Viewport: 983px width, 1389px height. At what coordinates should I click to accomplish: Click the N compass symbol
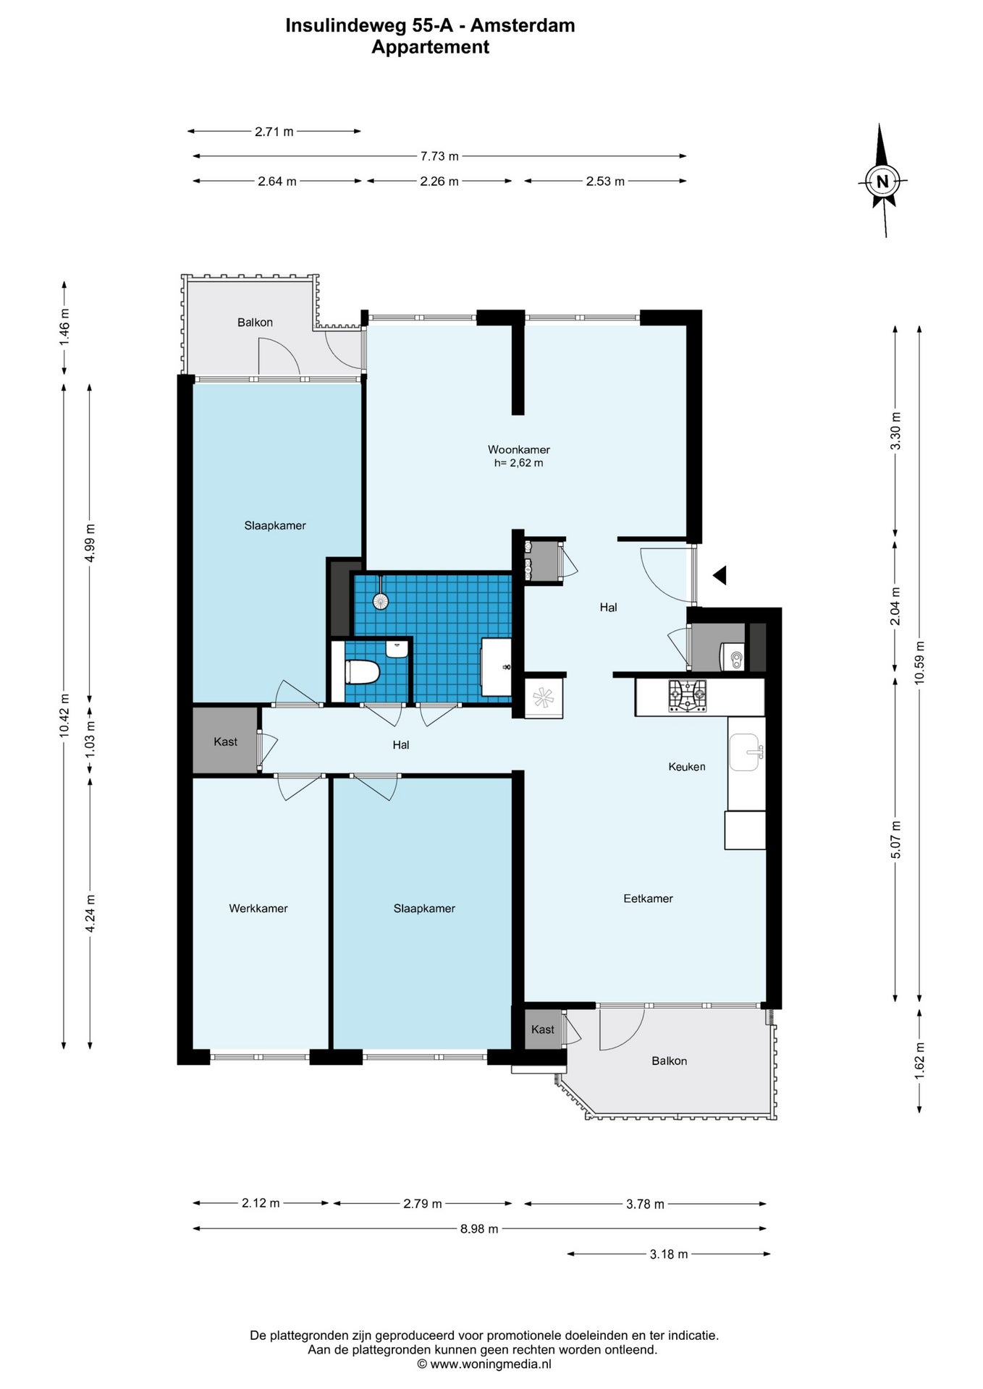click(x=882, y=181)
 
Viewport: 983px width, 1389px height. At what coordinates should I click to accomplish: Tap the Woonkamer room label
click(x=518, y=450)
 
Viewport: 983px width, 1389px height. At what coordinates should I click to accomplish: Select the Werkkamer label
click(x=258, y=909)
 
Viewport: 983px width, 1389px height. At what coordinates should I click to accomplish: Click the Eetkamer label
click(x=648, y=899)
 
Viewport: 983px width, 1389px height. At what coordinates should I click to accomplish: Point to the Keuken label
click(x=686, y=767)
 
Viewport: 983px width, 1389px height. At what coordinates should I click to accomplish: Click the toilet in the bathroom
click(x=362, y=672)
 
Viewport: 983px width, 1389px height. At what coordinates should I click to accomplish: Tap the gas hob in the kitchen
click(x=687, y=696)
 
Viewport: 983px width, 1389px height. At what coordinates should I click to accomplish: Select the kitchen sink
click(x=746, y=752)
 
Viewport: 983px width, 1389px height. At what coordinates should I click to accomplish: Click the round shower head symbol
click(x=380, y=600)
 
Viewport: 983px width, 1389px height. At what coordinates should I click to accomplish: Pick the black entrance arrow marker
click(x=720, y=576)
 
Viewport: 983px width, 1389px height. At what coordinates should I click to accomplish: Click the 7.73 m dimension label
click(x=439, y=156)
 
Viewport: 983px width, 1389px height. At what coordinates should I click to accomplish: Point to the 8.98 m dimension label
click(x=479, y=1229)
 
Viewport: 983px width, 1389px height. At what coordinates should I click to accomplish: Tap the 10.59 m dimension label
click(x=919, y=663)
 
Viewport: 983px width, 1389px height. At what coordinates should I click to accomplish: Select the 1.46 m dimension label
click(x=64, y=327)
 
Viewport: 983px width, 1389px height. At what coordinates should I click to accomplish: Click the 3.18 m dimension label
click(x=669, y=1254)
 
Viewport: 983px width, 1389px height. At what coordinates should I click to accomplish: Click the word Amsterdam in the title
click(x=523, y=25)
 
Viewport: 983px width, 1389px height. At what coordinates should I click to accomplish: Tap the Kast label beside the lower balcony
click(x=543, y=1029)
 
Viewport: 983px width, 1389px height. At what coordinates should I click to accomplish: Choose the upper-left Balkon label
click(x=255, y=323)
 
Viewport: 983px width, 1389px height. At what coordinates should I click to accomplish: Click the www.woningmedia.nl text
click(x=491, y=1364)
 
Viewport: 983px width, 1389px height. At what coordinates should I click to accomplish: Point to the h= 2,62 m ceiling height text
click(x=518, y=463)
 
